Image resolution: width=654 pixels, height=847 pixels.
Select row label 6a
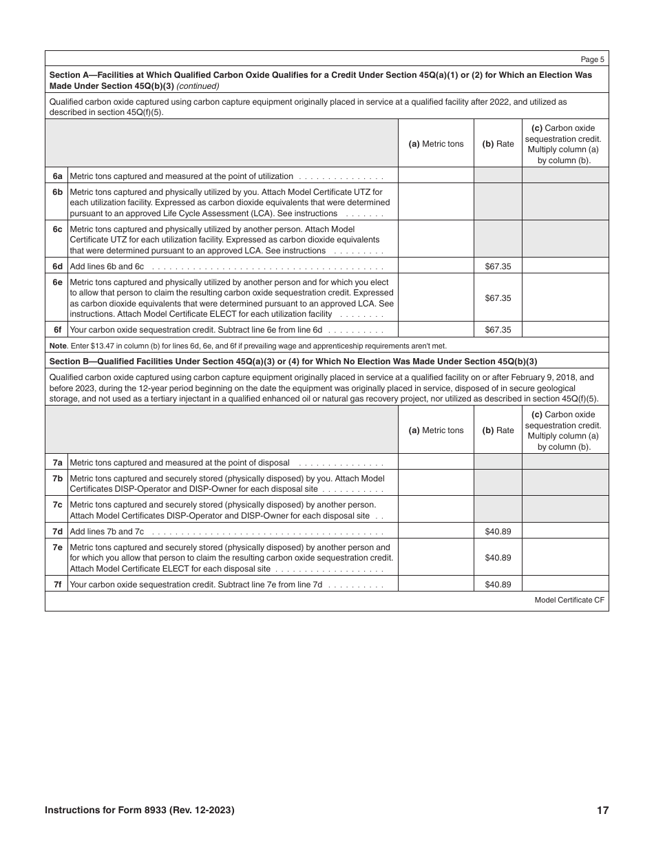(57, 176)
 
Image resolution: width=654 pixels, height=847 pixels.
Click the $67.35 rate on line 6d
(498, 266)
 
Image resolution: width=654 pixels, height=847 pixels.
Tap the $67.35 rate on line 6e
(498, 298)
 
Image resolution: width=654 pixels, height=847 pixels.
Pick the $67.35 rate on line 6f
(498, 330)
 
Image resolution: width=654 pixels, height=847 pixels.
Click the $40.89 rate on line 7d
(498, 532)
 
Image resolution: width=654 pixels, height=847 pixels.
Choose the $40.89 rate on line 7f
(498, 585)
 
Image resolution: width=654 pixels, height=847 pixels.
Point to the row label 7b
(57, 479)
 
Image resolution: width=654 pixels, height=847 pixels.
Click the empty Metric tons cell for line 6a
(436, 176)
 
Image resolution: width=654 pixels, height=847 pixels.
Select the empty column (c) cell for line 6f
(565, 330)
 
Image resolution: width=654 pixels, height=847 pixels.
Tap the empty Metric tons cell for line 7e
(436, 558)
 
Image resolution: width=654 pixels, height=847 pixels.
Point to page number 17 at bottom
(602, 811)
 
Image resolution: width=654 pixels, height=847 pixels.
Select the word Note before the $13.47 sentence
(58, 346)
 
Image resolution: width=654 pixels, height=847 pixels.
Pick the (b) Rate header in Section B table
(498, 430)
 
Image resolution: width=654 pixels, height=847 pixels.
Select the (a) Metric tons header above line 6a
(436, 144)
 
